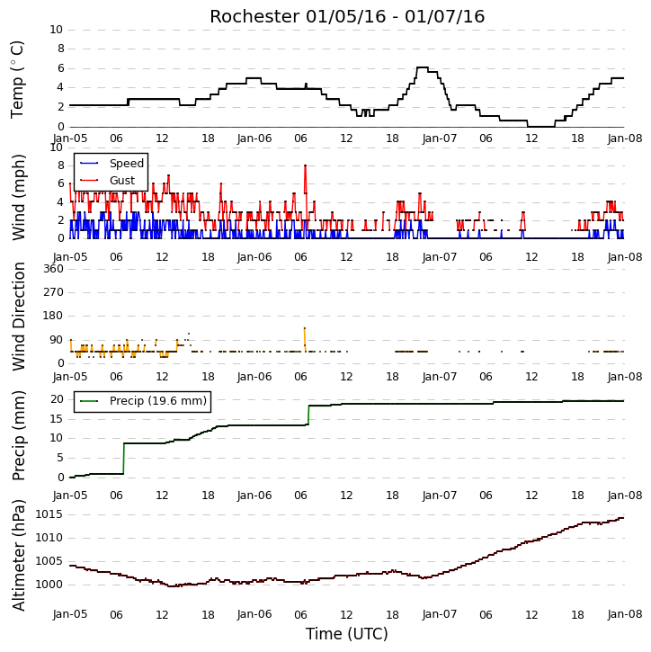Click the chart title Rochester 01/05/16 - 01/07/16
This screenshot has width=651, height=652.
[x=347, y=16]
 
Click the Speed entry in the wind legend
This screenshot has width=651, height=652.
[x=111, y=163]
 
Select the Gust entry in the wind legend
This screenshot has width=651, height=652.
[x=108, y=180]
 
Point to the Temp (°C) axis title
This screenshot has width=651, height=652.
[x=17, y=79]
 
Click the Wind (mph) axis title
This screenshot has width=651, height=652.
[x=18, y=197]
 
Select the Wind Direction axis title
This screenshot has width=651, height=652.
[x=18, y=317]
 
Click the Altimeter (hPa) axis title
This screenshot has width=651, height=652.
[x=18, y=555]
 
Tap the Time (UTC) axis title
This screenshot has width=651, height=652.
[x=347, y=634]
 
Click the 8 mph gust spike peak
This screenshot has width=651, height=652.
[x=305, y=165]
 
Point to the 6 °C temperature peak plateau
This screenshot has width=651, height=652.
[x=423, y=67]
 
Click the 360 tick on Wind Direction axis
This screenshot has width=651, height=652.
[x=54, y=269]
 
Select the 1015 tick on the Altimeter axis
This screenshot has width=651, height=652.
[x=49, y=514]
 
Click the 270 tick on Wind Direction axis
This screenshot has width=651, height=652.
[x=54, y=292]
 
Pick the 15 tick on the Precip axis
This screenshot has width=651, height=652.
[x=57, y=419]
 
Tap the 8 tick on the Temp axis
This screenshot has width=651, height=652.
[x=60, y=49]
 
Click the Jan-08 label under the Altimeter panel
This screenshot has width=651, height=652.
[x=625, y=614]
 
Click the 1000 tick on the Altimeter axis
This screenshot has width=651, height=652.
[x=49, y=585]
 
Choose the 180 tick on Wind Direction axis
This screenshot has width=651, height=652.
[x=54, y=316]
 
